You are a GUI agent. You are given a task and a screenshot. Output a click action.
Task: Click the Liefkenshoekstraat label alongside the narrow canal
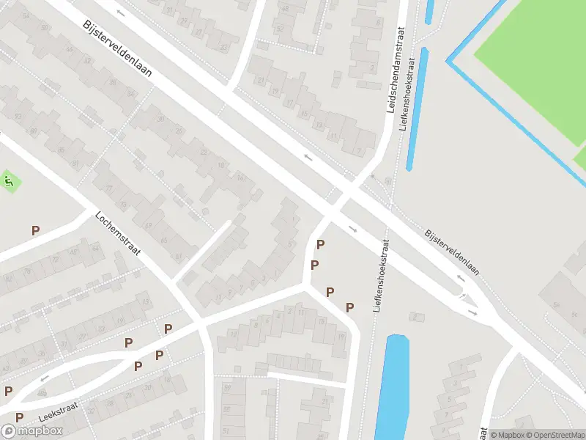(412, 90)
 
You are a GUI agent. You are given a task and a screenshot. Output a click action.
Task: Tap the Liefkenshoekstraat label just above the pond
(380, 276)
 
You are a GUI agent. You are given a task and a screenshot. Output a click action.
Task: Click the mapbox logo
(32, 430)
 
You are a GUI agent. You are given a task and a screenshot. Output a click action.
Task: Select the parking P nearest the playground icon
(35, 230)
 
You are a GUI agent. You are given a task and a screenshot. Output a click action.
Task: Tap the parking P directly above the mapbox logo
(19, 417)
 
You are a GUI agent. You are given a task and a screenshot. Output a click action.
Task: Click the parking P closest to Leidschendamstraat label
(320, 244)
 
